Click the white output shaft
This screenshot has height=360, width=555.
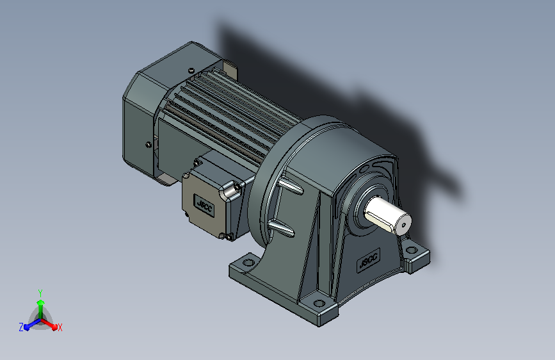coord(387,215)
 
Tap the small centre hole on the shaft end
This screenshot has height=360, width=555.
coord(403,225)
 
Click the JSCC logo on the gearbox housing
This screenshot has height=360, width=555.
coord(368,261)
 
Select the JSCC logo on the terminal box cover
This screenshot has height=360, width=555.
coord(204,205)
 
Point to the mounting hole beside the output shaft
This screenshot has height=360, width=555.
coord(412,250)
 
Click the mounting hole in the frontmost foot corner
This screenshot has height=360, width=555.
coord(319,303)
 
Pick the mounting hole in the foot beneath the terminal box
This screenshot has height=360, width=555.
coord(248,263)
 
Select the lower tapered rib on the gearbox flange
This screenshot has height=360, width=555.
coord(282,227)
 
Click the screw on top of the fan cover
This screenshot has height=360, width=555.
coord(191,70)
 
